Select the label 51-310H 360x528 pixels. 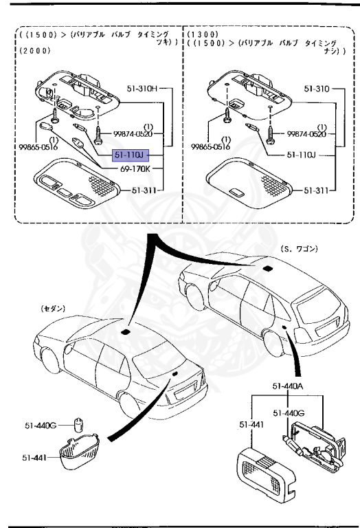coord(142,89)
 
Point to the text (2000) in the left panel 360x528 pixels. coord(32,50)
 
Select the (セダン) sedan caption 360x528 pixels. coord(52,309)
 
